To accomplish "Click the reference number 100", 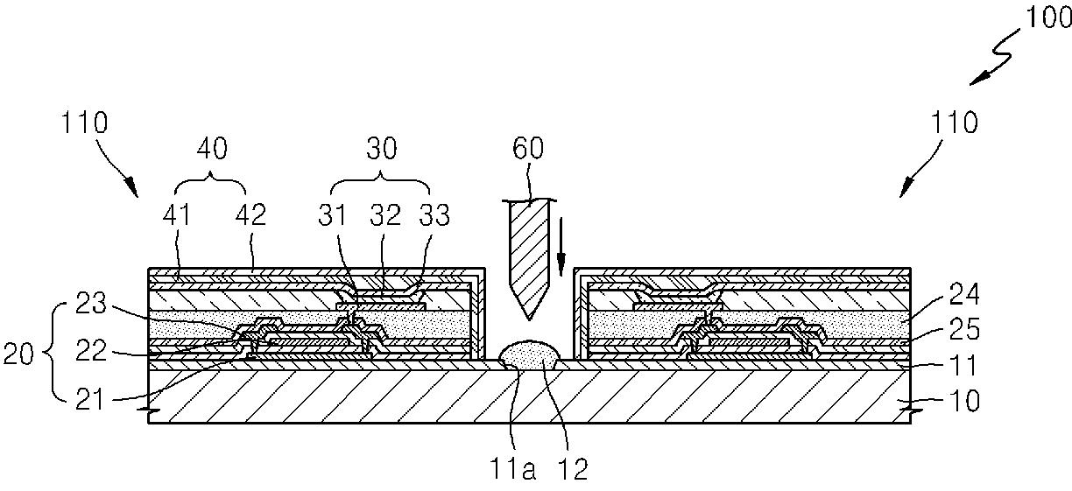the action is click(1048, 18).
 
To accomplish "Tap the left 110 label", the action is click(84, 123).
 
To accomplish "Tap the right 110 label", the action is click(955, 123).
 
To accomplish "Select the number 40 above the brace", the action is click(212, 148).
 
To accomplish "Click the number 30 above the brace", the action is click(382, 148).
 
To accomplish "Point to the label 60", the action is click(528, 148).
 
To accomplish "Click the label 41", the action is click(177, 214).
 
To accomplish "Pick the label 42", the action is click(250, 214).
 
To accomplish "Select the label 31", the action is click(332, 214).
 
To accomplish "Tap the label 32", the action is click(385, 214).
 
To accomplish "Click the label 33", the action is click(434, 214).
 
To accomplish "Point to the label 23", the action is click(91, 303).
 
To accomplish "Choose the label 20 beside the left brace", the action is click(18, 354).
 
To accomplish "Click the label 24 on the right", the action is click(964, 294).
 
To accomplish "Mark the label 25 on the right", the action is click(964, 329).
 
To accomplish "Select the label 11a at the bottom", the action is click(511, 469).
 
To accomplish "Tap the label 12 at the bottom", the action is click(574, 469).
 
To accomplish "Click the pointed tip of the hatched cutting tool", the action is click(528, 319).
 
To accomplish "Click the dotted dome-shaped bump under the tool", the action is click(529, 354).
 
